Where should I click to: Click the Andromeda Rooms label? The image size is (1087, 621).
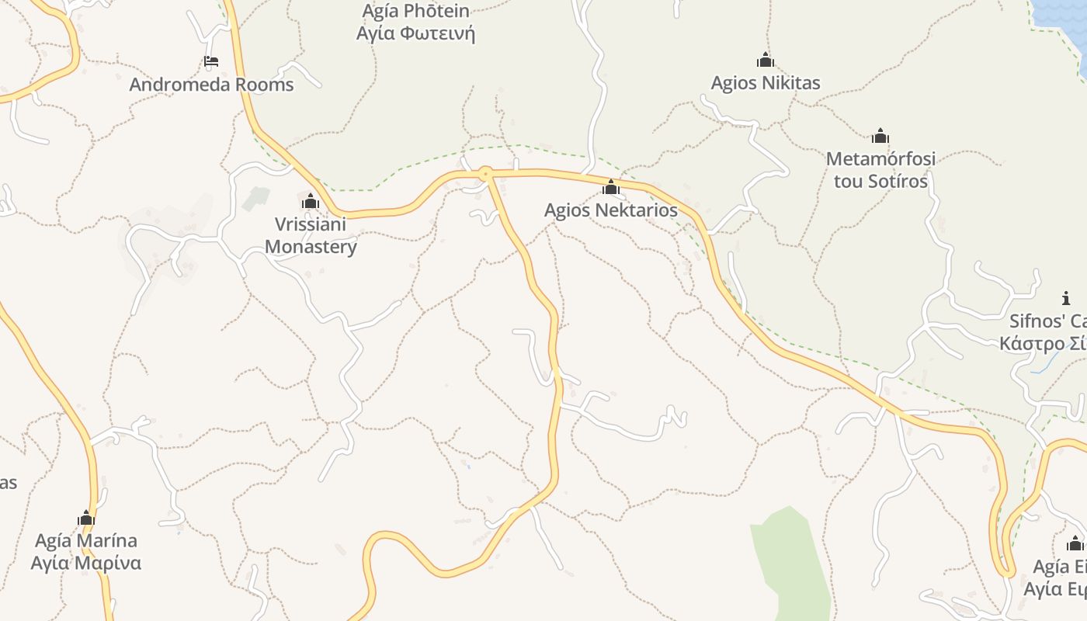point(211,85)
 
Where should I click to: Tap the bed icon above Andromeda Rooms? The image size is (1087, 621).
point(211,61)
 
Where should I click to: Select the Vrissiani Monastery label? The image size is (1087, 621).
point(311,236)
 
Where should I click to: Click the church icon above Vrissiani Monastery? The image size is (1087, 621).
point(311,202)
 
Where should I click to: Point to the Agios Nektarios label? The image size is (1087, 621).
point(610,210)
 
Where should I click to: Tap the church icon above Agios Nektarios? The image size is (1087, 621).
point(611,187)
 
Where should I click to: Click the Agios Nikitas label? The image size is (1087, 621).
point(766,83)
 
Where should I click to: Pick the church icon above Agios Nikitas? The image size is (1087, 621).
point(766,60)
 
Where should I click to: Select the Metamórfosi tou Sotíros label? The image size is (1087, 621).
point(880,170)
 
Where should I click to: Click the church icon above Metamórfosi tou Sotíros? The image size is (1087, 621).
point(880,137)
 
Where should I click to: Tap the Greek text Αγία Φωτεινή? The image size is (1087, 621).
point(415,34)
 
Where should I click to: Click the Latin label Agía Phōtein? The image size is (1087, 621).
point(415,11)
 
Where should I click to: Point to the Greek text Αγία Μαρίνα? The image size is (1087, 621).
point(85,563)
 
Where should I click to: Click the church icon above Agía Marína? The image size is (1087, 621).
point(86,518)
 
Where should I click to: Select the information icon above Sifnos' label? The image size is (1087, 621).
point(1066,298)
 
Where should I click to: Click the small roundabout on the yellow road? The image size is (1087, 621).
point(486,174)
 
